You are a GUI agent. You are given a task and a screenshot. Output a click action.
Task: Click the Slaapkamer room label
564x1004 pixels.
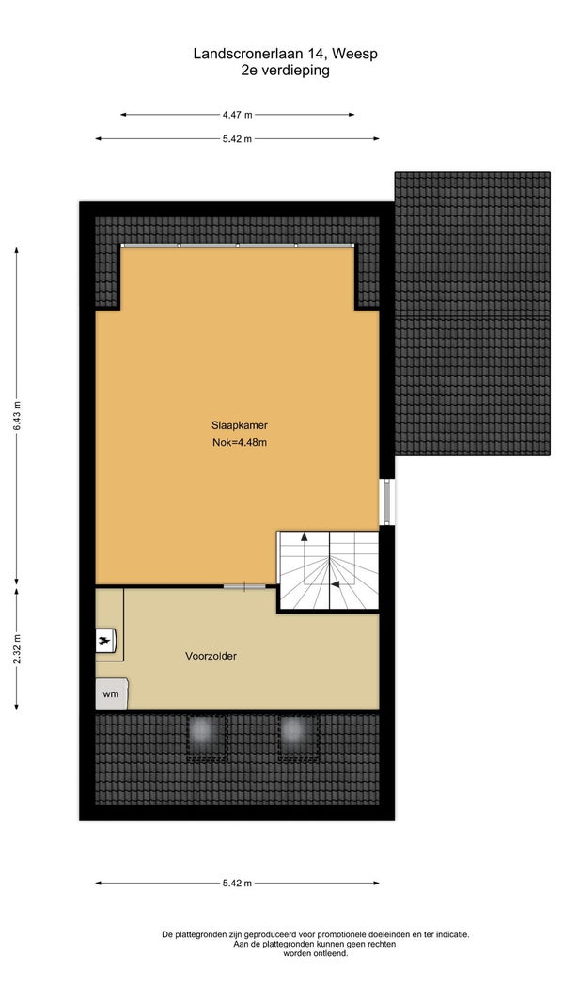coord(239,424)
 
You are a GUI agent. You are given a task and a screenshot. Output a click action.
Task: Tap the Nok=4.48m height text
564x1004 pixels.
coord(239,442)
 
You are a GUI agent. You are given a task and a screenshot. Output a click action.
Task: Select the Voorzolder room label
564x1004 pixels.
coord(211,656)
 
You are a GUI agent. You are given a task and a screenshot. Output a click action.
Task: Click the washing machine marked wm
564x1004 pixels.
coord(111,694)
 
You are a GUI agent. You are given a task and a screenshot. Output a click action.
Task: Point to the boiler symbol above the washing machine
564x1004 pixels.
coord(106,640)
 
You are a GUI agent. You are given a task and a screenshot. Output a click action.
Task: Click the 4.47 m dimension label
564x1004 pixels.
coord(237,115)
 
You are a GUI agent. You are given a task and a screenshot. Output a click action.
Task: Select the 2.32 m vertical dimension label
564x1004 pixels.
coord(17,649)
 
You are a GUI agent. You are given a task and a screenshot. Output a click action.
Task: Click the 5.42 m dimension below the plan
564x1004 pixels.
coord(237,883)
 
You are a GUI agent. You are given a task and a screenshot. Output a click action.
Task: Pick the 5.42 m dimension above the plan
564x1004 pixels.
coord(237,139)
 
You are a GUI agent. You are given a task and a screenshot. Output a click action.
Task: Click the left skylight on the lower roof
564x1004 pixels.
coord(207,739)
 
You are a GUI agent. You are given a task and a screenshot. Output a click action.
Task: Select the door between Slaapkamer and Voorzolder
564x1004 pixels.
coord(244,585)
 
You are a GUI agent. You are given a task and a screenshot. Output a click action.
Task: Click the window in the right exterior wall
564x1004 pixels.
coord(387,502)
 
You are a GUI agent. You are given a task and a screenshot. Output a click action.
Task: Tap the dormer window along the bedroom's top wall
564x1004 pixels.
coord(237,246)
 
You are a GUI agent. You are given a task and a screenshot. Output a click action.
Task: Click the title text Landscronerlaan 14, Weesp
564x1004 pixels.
coord(285,54)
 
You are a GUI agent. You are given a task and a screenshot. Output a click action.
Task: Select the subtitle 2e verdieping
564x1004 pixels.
coord(285,71)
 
